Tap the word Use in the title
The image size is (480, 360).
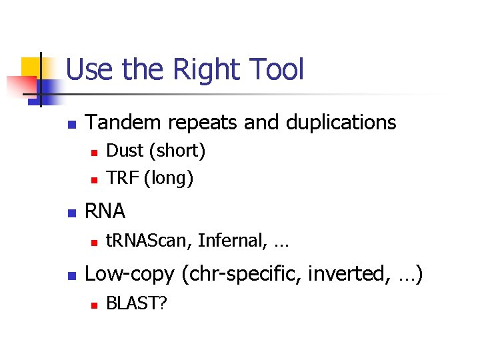click(91, 70)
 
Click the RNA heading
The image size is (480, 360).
click(106, 211)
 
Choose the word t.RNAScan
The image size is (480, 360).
click(150, 241)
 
